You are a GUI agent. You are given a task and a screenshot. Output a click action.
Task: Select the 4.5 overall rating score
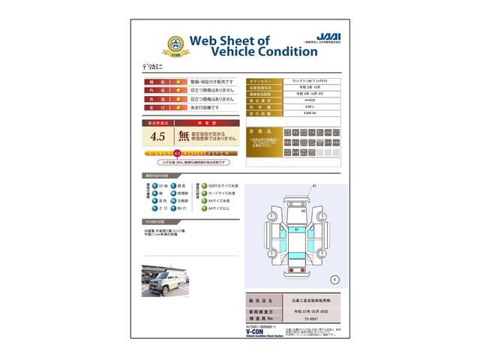click(x=157, y=136)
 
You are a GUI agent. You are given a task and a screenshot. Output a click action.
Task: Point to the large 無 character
click(x=183, y=136)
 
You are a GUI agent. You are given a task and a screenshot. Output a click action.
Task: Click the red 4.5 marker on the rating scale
click(x=176, y=153)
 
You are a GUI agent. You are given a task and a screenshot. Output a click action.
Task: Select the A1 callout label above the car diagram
click(x=315, y=184)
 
